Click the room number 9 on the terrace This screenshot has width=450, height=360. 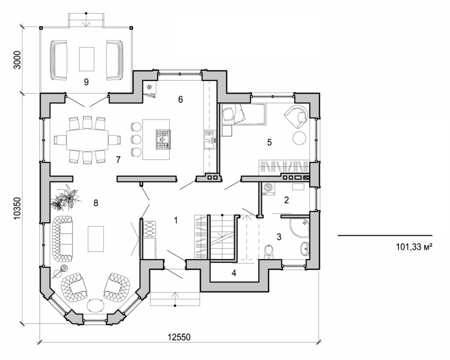(x=86, y=81)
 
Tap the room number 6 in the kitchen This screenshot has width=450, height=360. (x=180, y=99)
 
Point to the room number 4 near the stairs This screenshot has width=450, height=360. (x=234, y=273)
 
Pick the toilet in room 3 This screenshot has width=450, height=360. (x=270, y=251)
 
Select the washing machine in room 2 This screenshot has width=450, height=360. (x=268, y=189)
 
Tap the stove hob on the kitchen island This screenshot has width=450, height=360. (x=163, y=138)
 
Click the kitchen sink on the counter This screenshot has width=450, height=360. (x=209, y=140)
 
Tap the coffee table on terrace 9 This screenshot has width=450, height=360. (x=87, y=59)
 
